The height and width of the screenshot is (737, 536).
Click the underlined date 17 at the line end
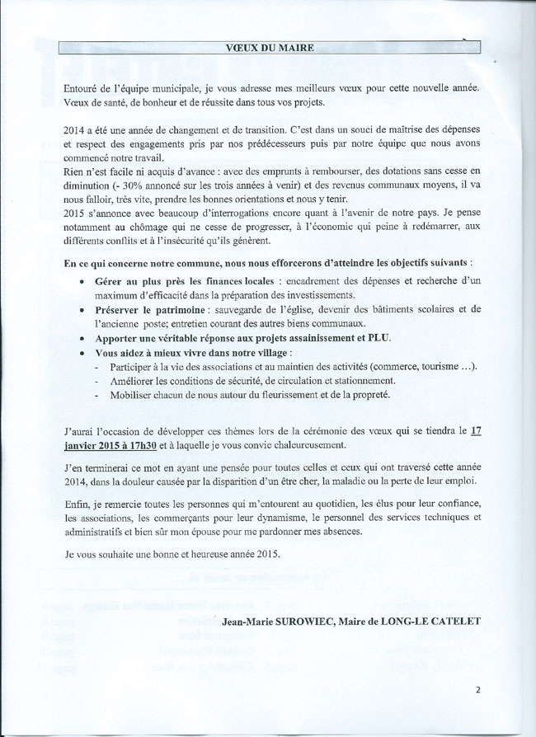click(x=473, y=430)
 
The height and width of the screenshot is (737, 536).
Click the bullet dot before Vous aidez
click(x=82, y=351)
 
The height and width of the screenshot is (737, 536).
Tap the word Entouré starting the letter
click(x=84, y=87)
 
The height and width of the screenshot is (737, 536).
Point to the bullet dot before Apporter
click(x=82, y=337)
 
